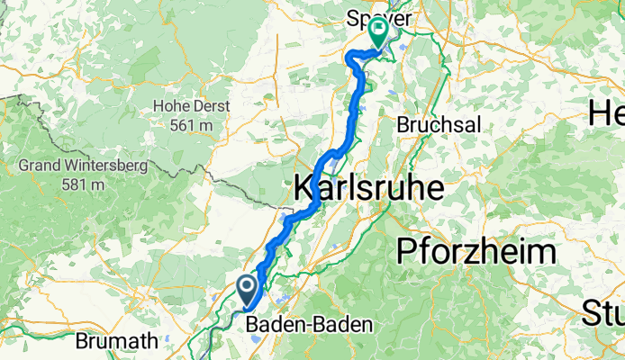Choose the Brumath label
click(119, 342)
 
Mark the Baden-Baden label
click(309, 324)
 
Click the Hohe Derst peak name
click(191, 106)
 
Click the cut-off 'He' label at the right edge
click(606, 112)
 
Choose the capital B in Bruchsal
click(403, 124)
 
